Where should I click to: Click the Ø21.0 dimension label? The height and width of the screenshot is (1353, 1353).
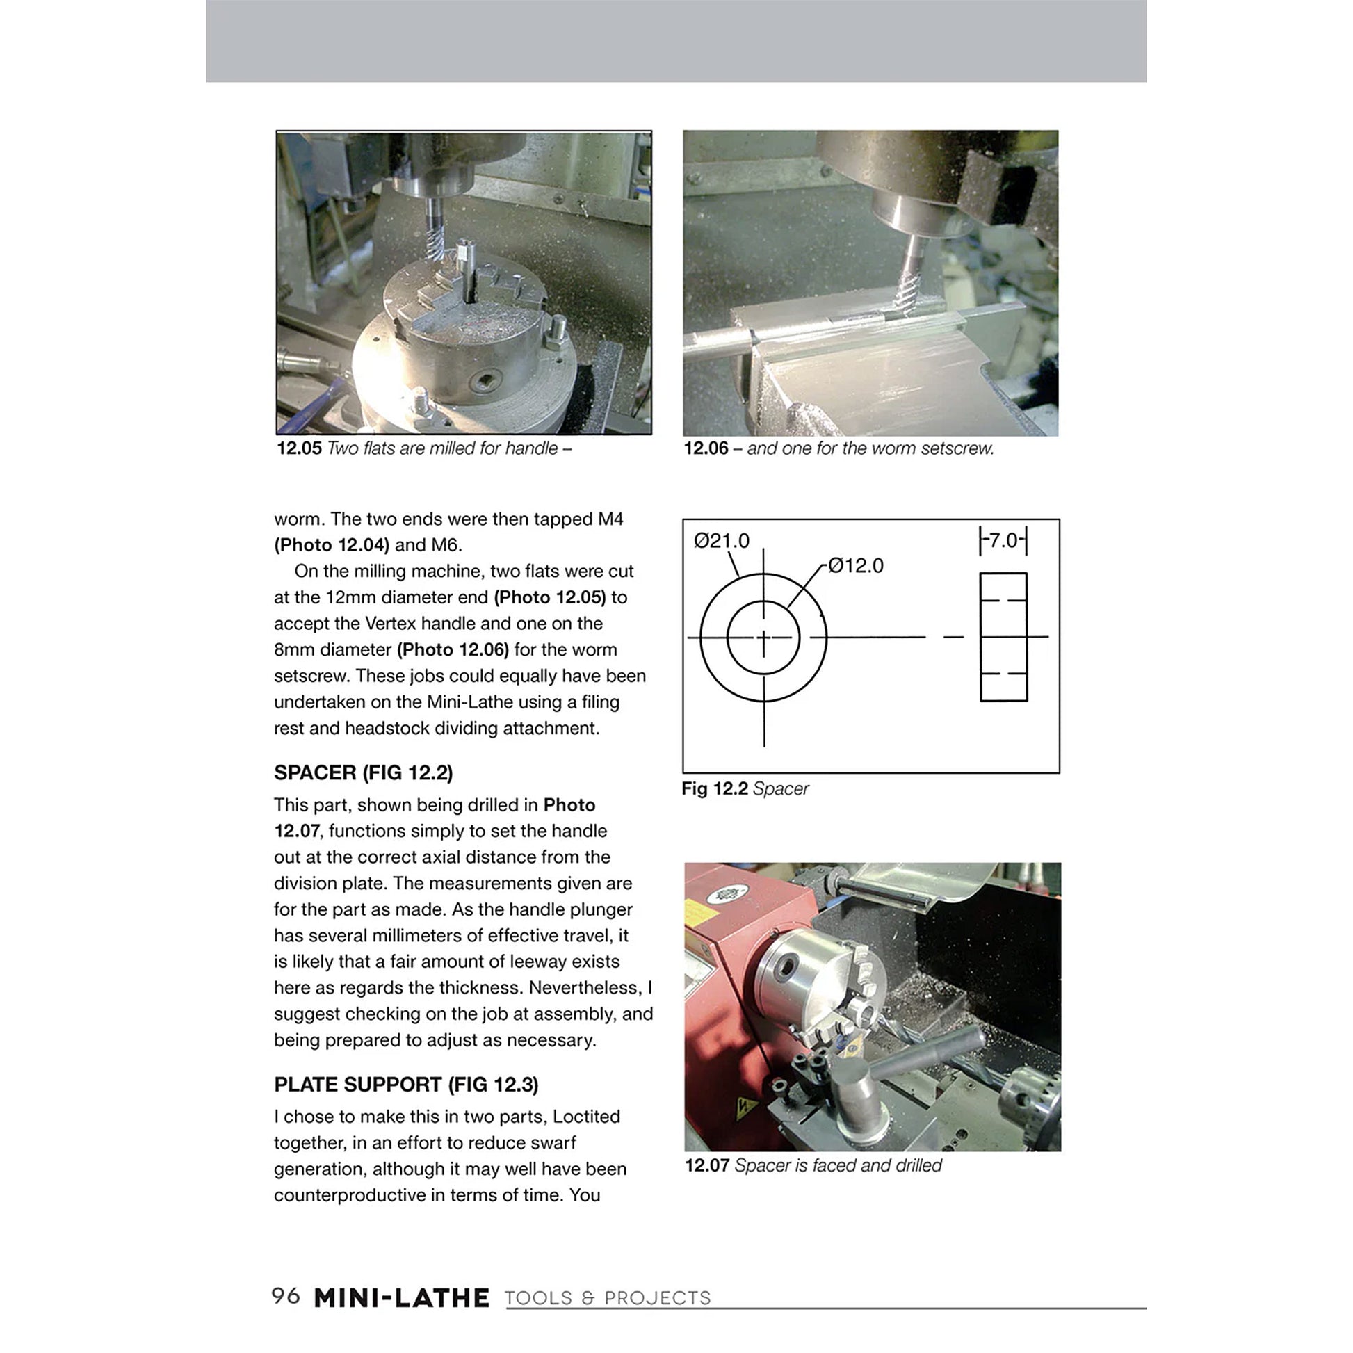(721, 541)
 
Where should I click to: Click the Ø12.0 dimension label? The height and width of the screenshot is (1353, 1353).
(856, 566)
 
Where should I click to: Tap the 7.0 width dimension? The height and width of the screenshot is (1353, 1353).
(1003, 541)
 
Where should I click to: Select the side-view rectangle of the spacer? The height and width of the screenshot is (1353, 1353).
(1003, 638)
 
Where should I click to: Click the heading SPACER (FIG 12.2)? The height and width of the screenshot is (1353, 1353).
(364, 773)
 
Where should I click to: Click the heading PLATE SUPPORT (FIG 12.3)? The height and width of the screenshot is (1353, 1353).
(406, 1085)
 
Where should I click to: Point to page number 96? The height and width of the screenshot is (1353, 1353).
(286, 1296)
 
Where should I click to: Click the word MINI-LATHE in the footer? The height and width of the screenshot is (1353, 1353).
(401, 1297)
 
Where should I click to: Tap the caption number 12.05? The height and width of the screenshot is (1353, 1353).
(299, 448)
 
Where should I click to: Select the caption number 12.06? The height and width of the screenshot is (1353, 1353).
(706, 448)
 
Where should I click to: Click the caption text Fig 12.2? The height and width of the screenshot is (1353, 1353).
(714, 789)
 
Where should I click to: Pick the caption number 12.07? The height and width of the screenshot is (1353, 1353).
(706, 1165)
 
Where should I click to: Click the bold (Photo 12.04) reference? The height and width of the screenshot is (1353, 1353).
(331, 545)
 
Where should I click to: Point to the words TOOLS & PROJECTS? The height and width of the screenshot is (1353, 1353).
(607, 1298)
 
